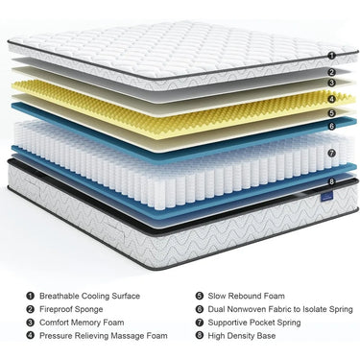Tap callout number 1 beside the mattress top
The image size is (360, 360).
tap(330, 57)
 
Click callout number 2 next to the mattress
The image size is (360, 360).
tap(330, 71)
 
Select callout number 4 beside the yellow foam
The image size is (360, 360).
tap(330, 97)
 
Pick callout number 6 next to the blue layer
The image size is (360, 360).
tap(330, 125)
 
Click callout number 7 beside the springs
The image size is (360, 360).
tap(330, 152)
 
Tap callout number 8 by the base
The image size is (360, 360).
tap(330, 180)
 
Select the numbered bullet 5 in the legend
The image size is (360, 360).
tap(199, 297)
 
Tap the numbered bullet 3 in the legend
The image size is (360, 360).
tap(31, 323)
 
